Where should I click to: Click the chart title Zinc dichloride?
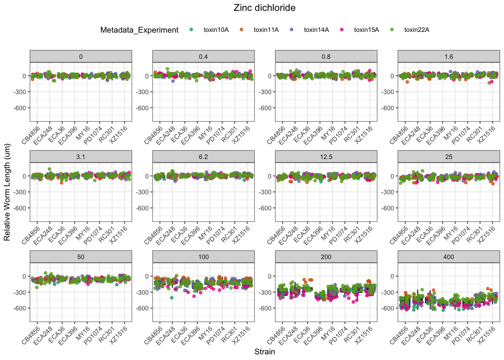click(x=264, y=8)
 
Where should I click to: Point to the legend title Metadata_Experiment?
click(x=139, y=30)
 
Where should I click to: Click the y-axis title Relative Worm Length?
click(x=7, y=192)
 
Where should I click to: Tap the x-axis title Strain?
click(x=264, y=352)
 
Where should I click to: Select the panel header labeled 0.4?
click(x=203, y=57)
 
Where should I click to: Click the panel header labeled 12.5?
click(x=326, y=157)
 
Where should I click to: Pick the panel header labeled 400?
click(x=448, y=257)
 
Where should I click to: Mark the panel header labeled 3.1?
click(x=81, y=157)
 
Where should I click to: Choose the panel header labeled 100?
click(x=203, y=257)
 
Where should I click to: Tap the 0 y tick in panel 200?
click(x=269, y=276)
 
